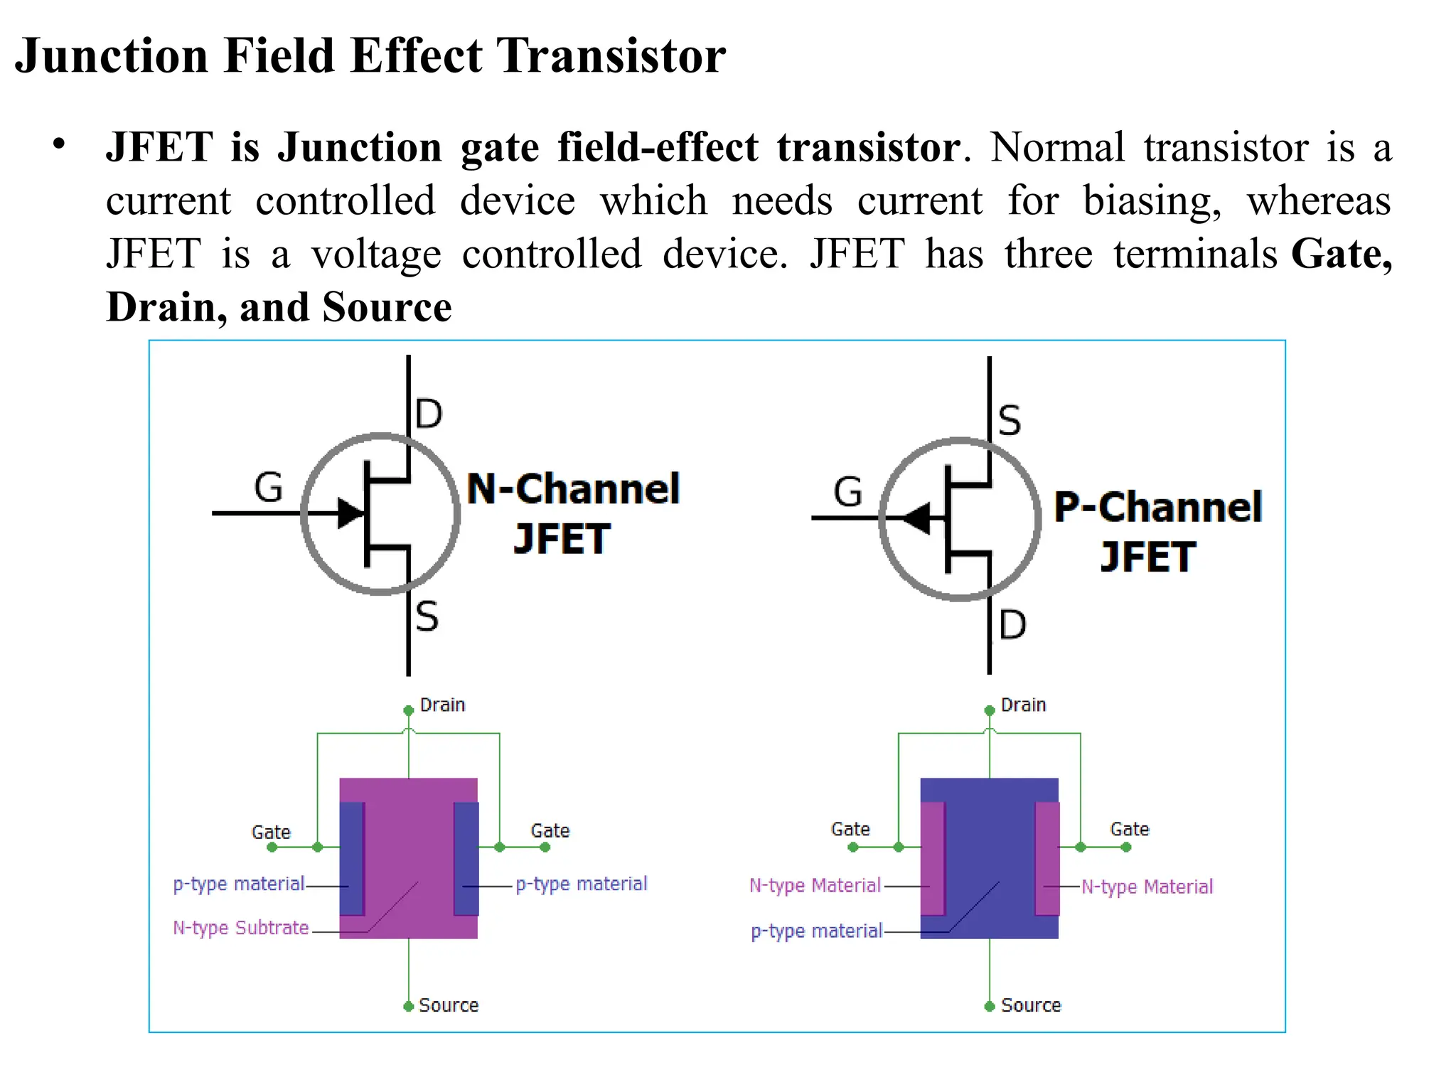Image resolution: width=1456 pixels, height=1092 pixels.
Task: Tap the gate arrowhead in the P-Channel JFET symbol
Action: pos(918,518)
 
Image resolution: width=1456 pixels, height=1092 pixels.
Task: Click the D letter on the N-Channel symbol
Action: pos(429,414)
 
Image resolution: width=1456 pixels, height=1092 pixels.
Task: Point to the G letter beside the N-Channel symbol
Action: pos(269,488)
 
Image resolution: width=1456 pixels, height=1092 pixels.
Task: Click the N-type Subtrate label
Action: pos(241,928)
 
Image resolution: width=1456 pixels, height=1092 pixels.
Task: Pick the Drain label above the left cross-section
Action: pos(442,705)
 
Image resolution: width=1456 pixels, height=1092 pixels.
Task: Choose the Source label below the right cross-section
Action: pos(1031,1005)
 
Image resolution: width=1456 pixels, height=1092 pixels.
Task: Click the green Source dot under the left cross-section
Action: pos(408,1006)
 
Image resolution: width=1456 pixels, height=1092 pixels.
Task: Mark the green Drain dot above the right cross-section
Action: pos(989,710)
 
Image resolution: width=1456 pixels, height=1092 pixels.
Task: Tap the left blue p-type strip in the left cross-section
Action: pos(352,858)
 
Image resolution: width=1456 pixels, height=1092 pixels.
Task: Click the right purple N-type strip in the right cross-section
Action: pos(1047,858)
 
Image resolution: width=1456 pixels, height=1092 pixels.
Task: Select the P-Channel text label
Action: pos(1157,507)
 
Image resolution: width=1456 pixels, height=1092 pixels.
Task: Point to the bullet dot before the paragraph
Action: pos(59,144)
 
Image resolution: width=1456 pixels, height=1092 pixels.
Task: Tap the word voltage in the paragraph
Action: pos(376,254)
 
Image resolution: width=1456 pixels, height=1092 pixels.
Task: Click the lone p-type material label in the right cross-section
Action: pos(816,931)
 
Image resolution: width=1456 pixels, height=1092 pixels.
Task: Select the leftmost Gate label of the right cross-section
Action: pos(850,829)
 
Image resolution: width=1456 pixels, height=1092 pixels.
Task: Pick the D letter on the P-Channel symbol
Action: pos(1012,625)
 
